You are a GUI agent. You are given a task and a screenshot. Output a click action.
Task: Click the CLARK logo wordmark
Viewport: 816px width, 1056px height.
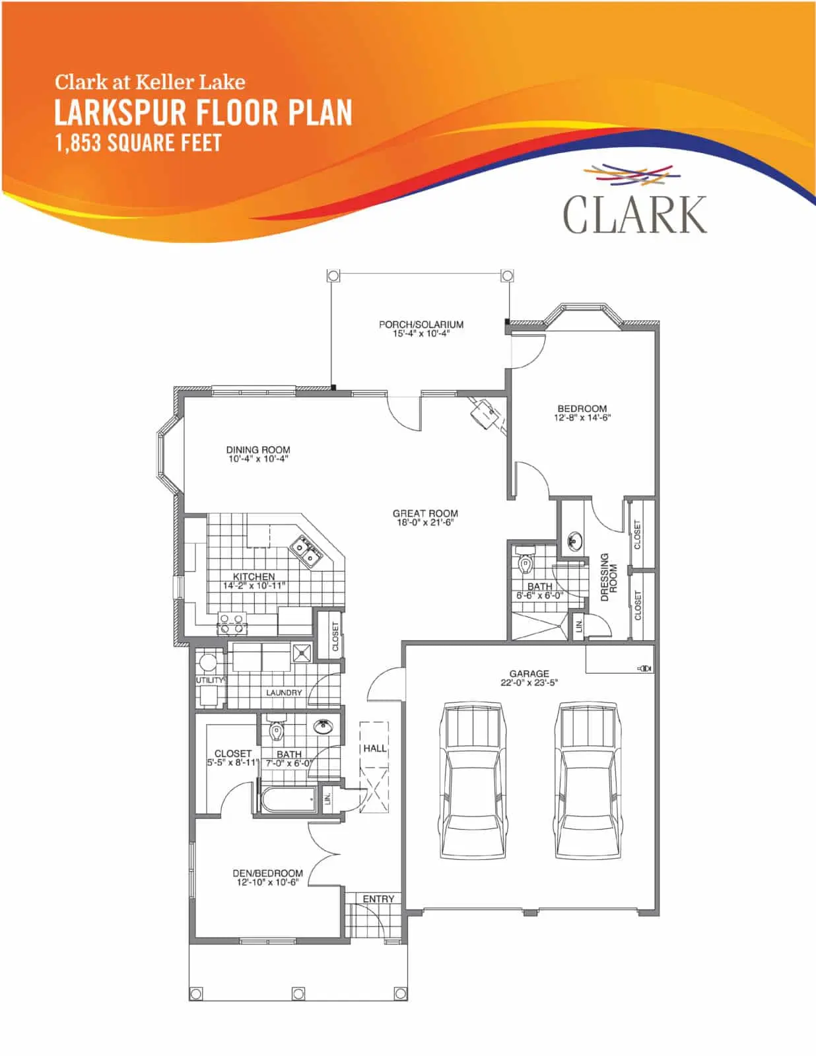pos(634,214)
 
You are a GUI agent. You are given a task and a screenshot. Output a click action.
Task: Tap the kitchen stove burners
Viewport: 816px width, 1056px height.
pos(231,624)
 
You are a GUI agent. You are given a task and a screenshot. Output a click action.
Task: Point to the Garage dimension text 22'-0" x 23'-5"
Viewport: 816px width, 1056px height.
pos(529,682)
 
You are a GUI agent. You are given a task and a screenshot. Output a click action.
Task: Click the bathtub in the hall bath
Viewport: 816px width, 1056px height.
pos(290,799)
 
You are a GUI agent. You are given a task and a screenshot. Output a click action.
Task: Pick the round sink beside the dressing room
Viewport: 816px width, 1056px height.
pos(575,541)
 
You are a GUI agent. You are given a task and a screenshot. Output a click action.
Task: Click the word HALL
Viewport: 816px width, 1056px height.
pos(375,748)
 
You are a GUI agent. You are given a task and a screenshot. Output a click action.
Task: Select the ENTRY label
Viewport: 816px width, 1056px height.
pos(378,899)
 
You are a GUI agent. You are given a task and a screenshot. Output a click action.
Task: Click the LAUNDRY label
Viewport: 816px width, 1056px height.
pos(284,692)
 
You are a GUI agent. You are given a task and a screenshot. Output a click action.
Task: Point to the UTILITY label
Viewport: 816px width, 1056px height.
pos(210,680)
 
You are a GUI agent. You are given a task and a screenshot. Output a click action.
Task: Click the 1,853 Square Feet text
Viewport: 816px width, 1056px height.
pos(138,143)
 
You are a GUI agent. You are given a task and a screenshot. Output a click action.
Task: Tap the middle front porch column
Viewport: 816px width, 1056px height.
pos(298,994)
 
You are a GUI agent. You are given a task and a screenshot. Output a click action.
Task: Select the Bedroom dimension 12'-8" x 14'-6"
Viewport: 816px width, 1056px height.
pos(582,417)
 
